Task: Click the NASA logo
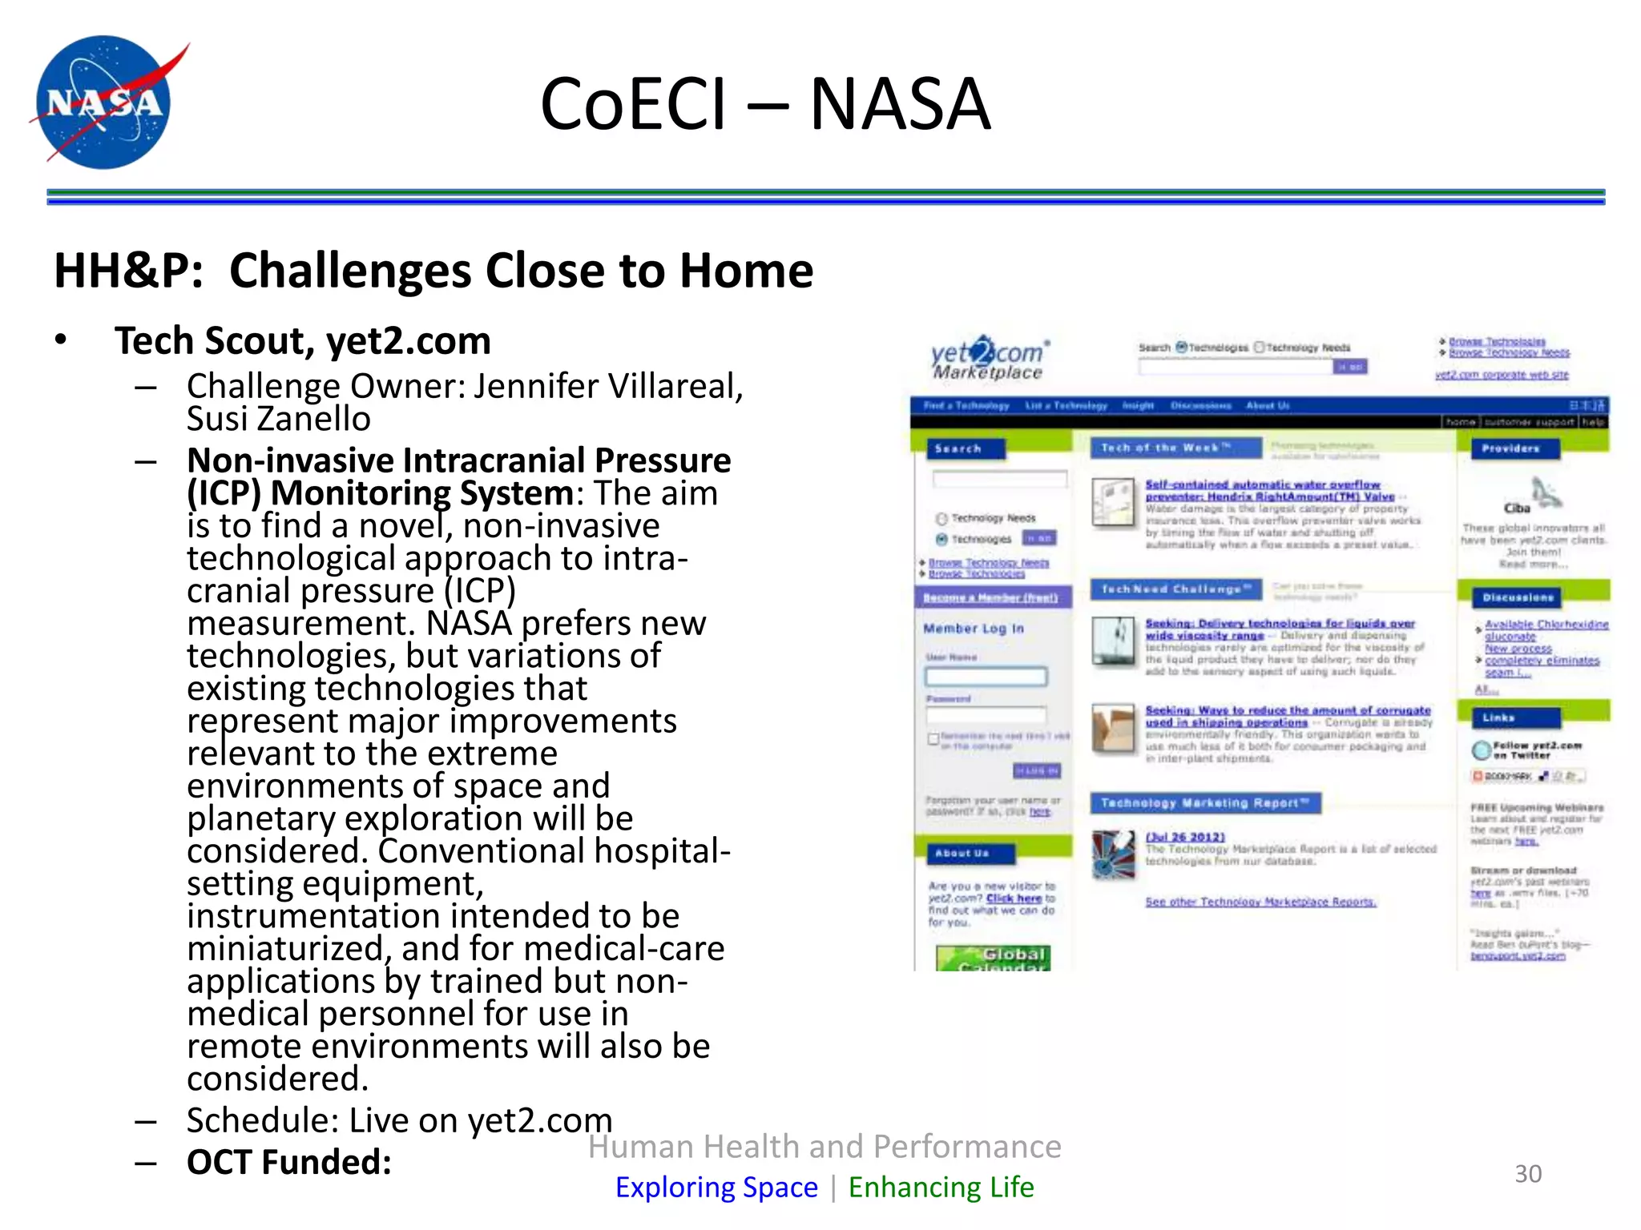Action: click(x=104, y=102)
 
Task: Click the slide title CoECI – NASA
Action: click(x=765, y=104)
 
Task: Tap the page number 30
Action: click(x=1527, y=1174)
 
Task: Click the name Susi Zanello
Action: click(x=278, y=419)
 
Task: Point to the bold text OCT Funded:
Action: click(x=289, y=1162)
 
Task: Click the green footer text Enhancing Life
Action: click(x=941, y=1187)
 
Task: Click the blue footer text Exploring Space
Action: click(x=716, y=1187)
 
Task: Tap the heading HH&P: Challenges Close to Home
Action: click(x=433, y=271)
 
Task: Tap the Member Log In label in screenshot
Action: click(x=973, y=629)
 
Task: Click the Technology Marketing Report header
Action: click(x=1204, y=803)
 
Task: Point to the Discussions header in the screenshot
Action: click(x=1517, y=597)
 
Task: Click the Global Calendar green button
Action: click(x=993, y=958)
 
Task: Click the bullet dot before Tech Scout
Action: click(x=61, y=340)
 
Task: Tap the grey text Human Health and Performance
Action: click(x=825, y=1147)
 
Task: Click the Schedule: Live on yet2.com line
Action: click(x=399, y=1120)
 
